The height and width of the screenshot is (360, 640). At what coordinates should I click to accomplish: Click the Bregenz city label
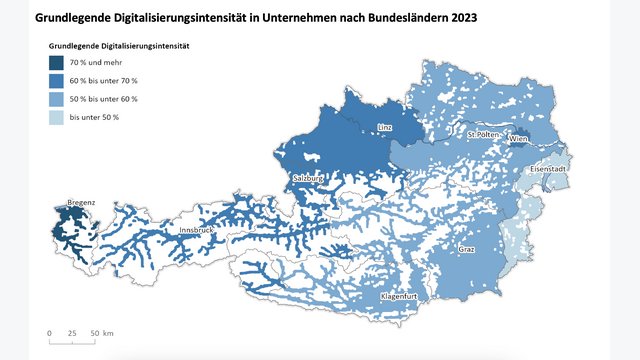click(81, 203)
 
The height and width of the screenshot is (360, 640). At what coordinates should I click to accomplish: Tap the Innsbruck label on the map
click(196, 231)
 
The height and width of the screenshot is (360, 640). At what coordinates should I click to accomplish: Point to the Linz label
click(385, 128)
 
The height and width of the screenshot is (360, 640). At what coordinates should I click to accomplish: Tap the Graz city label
click(466, 248)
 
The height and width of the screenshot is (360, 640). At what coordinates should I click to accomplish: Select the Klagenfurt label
click(398, 298)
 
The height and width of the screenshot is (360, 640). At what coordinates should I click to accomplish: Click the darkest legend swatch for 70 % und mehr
click(56, 64)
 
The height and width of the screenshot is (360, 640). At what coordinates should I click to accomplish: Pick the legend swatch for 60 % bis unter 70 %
click(56, 81)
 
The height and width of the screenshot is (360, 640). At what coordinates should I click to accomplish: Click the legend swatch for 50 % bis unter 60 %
click(56, 99)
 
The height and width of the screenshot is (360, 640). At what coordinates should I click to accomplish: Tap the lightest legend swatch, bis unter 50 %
click(56, 117)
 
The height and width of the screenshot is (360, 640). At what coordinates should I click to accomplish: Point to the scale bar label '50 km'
click(101, 332)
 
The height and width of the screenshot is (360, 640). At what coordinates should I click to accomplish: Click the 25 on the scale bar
click(73, 332)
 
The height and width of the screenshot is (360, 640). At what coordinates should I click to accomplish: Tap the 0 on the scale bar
click(49, 332)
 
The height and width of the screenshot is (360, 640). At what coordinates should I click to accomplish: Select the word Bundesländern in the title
click(387, 18)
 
